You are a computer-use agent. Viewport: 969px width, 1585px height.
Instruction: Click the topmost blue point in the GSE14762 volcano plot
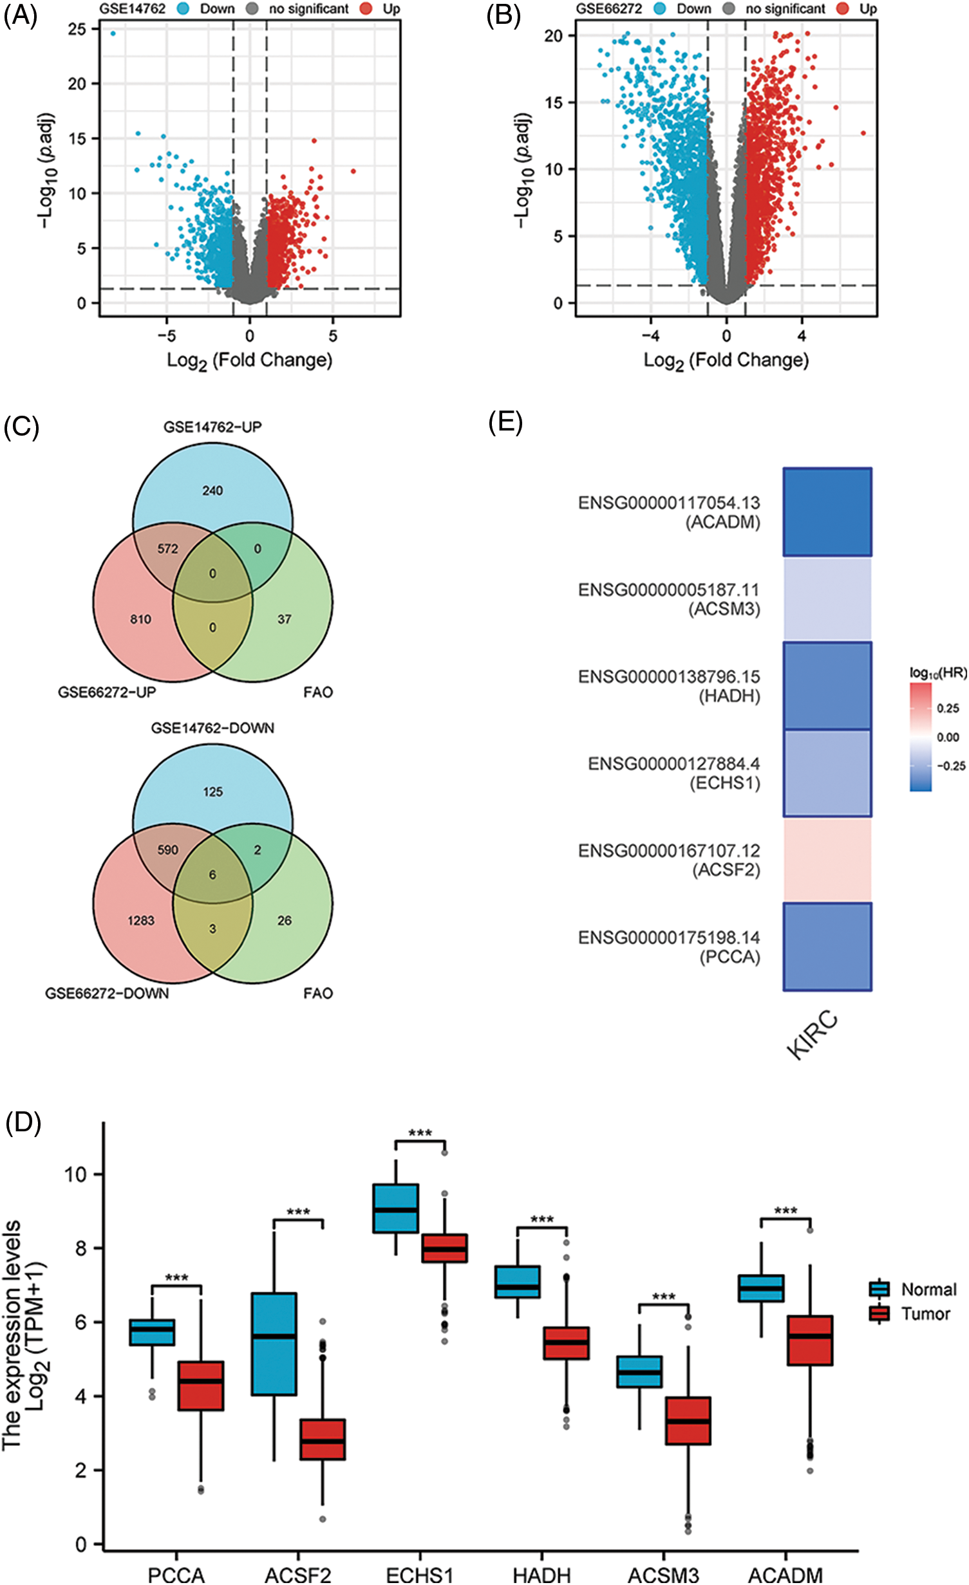point(113,33)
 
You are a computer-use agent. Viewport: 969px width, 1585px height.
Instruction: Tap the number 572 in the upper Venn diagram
point(167,549)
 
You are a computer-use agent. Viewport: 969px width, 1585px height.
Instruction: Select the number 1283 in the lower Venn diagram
point(140,921)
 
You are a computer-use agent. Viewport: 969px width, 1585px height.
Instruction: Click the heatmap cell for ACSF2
point(827,860)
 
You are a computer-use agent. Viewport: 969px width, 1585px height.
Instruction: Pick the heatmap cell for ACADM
point(827,512)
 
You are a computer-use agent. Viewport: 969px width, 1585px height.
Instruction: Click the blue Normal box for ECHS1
point(396,1208)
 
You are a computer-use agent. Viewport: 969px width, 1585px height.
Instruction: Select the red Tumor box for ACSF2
point(323,1439)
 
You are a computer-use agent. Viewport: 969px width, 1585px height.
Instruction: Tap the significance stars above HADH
point(541,1219)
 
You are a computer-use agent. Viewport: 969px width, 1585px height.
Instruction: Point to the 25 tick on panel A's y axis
point(77,29)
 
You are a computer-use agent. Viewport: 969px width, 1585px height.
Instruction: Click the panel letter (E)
point(505,423)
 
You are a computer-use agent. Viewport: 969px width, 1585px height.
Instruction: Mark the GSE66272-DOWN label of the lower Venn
point(107,994)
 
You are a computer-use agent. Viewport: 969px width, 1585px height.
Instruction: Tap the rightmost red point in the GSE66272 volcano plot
point(863,133)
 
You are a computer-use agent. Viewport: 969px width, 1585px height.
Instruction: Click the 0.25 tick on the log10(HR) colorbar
point(948,709)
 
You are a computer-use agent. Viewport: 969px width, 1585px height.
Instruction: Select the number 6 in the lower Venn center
point(212,875)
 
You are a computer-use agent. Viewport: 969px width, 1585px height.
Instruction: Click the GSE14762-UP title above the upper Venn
point(212,427)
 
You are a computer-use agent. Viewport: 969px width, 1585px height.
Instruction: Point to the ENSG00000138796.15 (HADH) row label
point(669,686)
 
